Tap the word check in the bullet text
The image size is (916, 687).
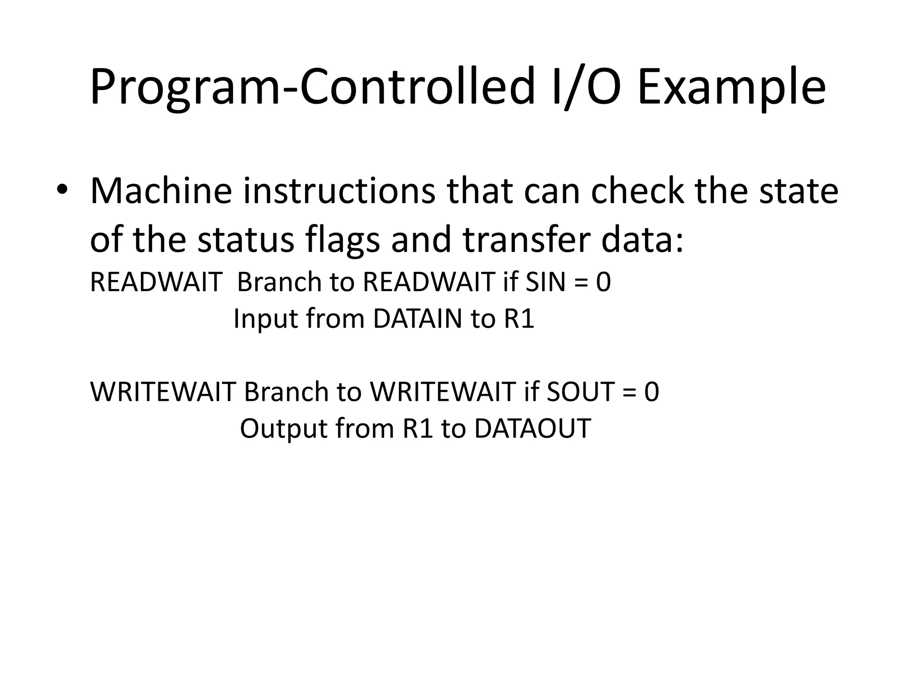coord(637,191)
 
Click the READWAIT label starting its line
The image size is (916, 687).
coord(156,283)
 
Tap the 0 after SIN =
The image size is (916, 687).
coord(603,283)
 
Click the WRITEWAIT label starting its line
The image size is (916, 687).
coord(163,392)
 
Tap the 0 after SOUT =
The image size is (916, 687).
coord(652,392)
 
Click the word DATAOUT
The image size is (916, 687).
coord(532,428)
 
